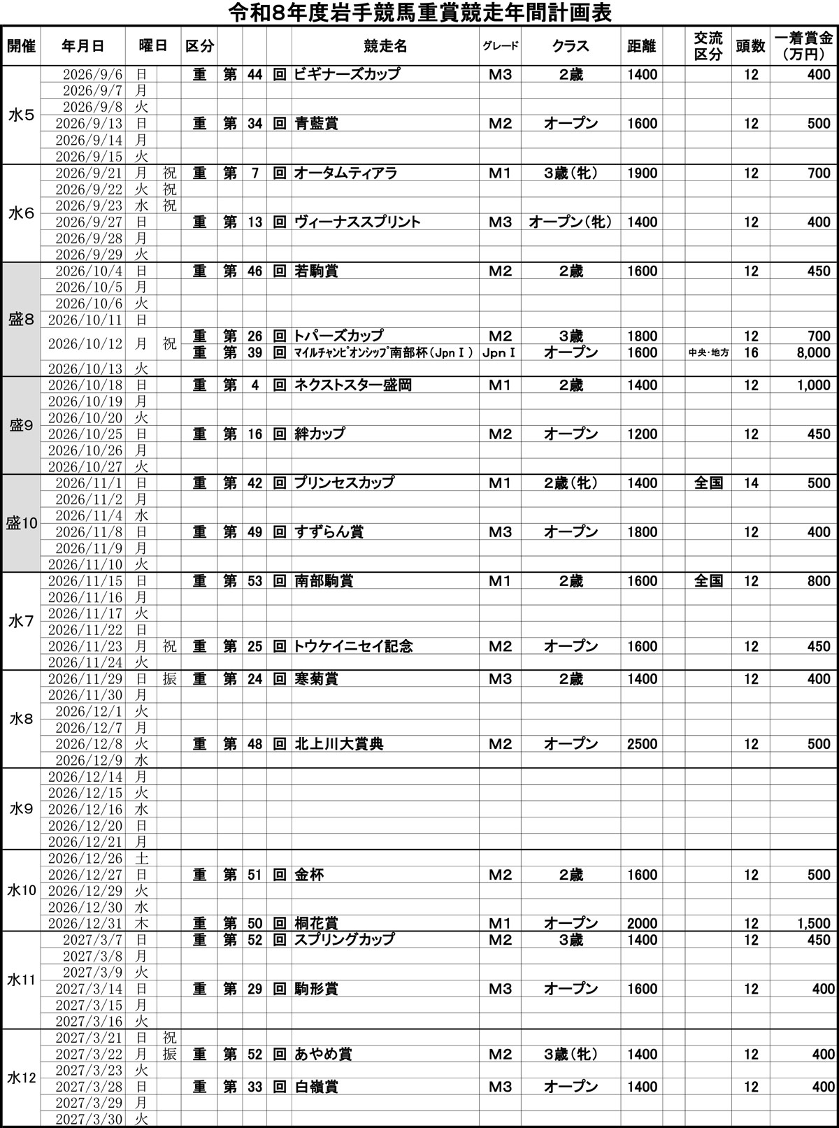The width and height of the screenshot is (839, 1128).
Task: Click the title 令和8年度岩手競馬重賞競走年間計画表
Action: click(x=419, y=13)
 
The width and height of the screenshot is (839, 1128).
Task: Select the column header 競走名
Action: click(x=385, y=46)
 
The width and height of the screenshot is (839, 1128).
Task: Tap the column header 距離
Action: click(x=642, y=46)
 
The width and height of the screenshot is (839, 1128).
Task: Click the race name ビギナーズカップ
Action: click(x=347, y=74)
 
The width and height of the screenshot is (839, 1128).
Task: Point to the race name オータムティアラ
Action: click(x=345, y=173)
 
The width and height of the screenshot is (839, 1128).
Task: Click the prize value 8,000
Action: click(x=813, y=352)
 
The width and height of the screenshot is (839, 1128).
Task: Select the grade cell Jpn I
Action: click(x=500, y=352)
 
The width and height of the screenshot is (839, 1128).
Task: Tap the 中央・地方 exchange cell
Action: click(x=708, y=352)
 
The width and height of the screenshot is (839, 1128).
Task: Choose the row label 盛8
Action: click(x=21, y=320)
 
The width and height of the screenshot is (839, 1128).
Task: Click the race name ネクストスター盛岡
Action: click(x=353, y=385)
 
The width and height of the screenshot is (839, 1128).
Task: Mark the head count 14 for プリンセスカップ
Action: click(x=751, y=483)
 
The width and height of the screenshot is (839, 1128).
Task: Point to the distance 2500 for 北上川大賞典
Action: click(x=642, y=744)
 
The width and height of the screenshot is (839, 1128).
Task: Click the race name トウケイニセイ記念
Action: click(x=353, y=647)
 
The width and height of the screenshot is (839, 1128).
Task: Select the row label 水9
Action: click(x=21, y=809)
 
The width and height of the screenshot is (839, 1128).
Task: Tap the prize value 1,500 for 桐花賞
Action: click(x=813, y=923)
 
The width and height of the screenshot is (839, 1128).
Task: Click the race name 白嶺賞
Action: click(x=316, y=1087)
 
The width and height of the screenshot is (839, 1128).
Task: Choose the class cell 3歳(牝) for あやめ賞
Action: click(x=571, y=1054)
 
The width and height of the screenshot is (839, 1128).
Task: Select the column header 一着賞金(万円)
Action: click(x=803, y=46)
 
